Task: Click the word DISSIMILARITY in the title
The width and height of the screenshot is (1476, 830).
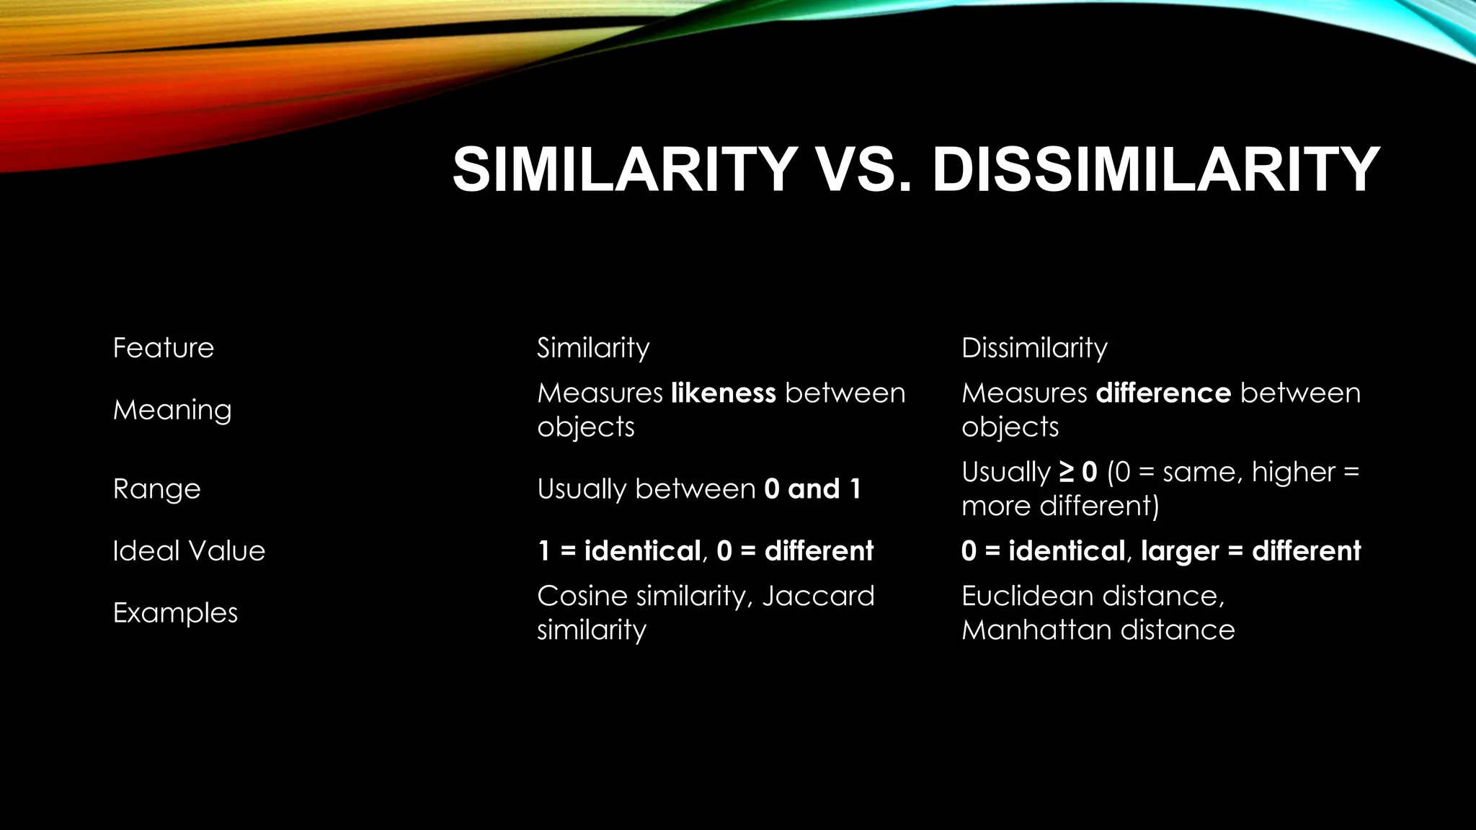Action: click(x=1155, y=169)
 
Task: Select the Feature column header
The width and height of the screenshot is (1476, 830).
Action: click(x=164, y=348)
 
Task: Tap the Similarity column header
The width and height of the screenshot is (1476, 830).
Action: click(x=593, y=348)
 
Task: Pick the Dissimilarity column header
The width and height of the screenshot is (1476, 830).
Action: click(x=1034, y=348)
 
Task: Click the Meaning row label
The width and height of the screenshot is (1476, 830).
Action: click(x=172, y=410)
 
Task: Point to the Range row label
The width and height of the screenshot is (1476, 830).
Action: click(x=156, y=489)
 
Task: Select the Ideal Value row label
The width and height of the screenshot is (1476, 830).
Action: click(x=189, y=551)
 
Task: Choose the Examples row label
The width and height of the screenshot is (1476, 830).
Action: click(x=175, y=613)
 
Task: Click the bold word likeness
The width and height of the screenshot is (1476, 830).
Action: click(x=723, y=393)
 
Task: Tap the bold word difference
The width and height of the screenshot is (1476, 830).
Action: click(x=1163, y=393)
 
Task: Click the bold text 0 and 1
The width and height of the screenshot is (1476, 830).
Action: click(x=812, y=489)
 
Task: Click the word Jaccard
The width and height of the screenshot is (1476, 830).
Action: click(x=818, y=596)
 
